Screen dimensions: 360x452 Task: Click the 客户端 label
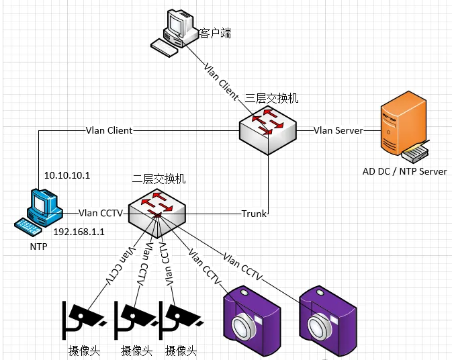tap(216, 32)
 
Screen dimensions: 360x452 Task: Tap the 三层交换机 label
tap(273, 99)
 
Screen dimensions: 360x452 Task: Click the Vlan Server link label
tap(338, 130)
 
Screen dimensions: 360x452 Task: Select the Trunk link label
tap(254, 214)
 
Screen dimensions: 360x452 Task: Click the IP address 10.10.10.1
tap(67, 175)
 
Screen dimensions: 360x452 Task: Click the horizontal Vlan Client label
tap(109, 130)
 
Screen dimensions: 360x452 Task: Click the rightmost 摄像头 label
tap(180, 351)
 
